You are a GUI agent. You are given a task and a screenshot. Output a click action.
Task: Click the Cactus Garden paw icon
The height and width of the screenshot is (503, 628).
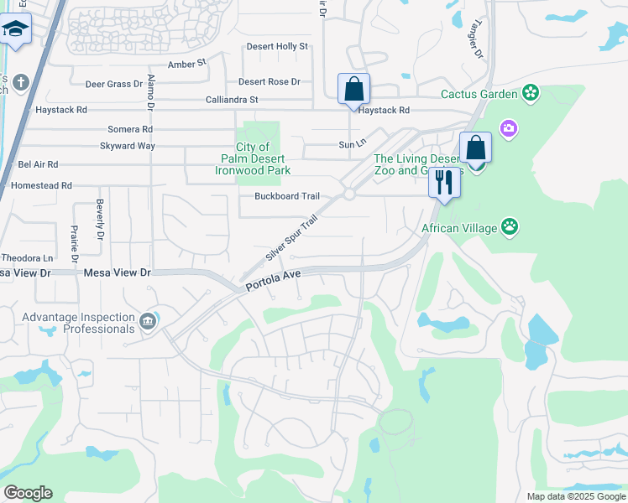click(531, 93)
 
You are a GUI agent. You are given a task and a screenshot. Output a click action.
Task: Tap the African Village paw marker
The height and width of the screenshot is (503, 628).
click(510, 226)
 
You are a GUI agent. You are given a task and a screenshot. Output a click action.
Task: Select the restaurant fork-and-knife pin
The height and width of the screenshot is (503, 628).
click(443, 183)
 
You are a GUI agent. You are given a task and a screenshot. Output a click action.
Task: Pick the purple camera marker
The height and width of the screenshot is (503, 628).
click(508, 128)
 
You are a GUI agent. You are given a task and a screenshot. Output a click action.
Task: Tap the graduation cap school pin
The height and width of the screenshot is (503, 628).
click(15, 30)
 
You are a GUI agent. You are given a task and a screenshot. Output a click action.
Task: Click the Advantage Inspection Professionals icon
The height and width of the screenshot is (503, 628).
click(148, 322)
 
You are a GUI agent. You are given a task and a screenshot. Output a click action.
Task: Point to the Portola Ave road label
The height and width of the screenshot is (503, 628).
click(273, 280)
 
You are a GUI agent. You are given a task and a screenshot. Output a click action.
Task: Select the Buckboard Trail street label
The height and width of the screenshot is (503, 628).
click(287, 196)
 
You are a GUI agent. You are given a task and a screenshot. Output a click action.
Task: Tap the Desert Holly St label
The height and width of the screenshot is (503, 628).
click(277, 47)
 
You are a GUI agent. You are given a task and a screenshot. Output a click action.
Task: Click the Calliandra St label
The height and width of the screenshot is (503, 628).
click(232, 100)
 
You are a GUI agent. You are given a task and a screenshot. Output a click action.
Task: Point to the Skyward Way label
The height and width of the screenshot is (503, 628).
click(128, 146)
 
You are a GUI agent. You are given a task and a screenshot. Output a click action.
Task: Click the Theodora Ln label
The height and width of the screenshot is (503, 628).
click(27, 258)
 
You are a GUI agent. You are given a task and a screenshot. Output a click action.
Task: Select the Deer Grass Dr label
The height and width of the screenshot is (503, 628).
click(114, 84)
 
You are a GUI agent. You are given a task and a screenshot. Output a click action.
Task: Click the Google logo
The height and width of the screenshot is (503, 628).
click(28, 493)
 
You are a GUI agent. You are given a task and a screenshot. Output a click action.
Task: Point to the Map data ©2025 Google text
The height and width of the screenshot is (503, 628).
click(575, 496)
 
